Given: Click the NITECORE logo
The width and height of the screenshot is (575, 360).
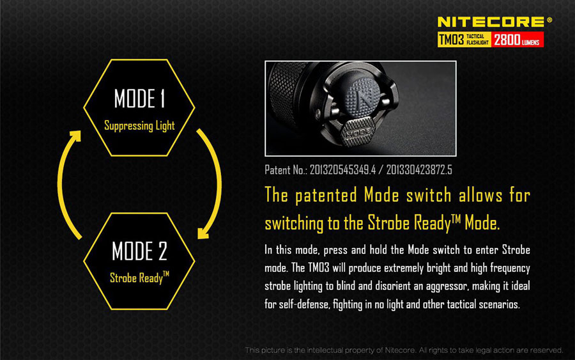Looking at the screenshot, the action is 491,22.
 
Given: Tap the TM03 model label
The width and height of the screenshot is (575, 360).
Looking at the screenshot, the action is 452,39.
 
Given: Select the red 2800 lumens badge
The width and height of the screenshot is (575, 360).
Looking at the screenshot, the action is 517,40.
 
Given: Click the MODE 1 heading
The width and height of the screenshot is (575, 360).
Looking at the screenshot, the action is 140,98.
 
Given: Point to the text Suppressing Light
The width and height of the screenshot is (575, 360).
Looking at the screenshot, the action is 139,126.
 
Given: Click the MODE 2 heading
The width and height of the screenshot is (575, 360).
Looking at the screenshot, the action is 139,251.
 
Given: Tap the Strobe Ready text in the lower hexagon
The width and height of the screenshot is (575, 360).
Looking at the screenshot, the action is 139,278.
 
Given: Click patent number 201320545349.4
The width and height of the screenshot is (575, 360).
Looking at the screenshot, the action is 343,170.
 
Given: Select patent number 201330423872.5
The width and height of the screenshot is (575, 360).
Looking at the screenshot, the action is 419,170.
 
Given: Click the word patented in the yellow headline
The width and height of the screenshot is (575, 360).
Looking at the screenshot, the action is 326,195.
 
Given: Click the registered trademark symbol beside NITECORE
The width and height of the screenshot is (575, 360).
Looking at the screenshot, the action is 549,20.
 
